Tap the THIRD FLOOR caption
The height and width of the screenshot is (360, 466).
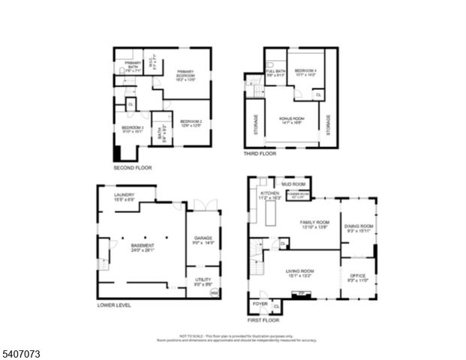259,154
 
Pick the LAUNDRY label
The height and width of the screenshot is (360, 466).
125,196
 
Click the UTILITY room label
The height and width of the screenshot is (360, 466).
203,281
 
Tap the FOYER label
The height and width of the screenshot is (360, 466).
260,304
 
